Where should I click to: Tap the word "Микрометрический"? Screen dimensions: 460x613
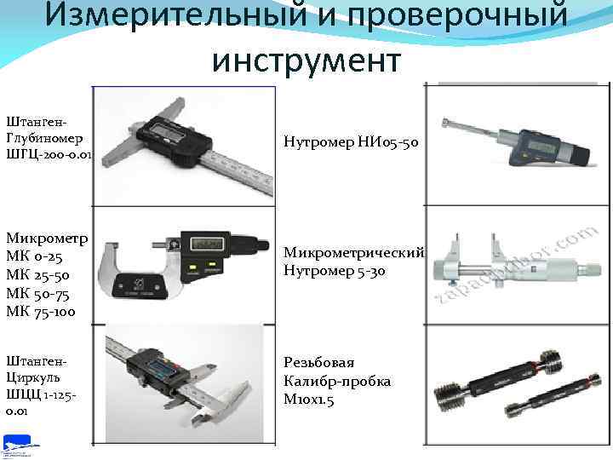click(352, 252)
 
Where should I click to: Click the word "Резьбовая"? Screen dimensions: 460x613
click(319, 362)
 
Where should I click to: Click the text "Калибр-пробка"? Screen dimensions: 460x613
click(337, 381)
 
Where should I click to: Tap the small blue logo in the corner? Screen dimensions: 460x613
click(18, 445)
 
